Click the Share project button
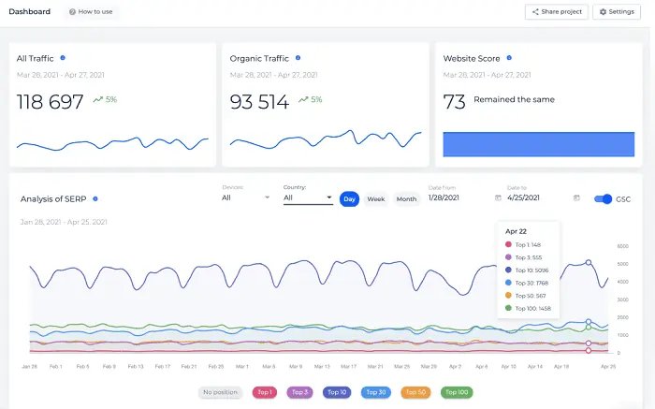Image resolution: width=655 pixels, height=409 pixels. [x=556, y=11]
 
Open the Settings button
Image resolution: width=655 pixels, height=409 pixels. [x=616, y=11]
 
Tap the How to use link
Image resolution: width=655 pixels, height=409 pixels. [x=92, y=11]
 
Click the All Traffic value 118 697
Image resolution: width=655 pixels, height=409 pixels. [x=51, y=102]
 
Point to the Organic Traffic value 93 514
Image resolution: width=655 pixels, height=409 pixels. [x=259, y=102]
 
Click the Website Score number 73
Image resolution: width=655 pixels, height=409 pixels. [x=454, y=102]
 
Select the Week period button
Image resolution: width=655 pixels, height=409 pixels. [x=375, y=198]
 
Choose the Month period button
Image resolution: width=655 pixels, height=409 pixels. [x=406, y=198]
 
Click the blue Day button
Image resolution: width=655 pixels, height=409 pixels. [x=349, y=198]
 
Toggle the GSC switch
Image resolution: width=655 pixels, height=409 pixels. [x=604, y=198]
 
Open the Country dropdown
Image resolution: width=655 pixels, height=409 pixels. [x=308, y=197]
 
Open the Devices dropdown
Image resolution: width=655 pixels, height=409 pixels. [x=246, y=197]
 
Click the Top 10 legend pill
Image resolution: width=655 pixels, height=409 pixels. [x=336, y=392]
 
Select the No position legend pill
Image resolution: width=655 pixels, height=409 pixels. [x=220, y=392]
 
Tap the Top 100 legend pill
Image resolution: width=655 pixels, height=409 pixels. [x=458, y=392]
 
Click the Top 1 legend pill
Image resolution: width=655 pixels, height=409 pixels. [x=267, y=392]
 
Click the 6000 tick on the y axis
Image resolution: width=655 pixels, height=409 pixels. [x=622, y=246]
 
